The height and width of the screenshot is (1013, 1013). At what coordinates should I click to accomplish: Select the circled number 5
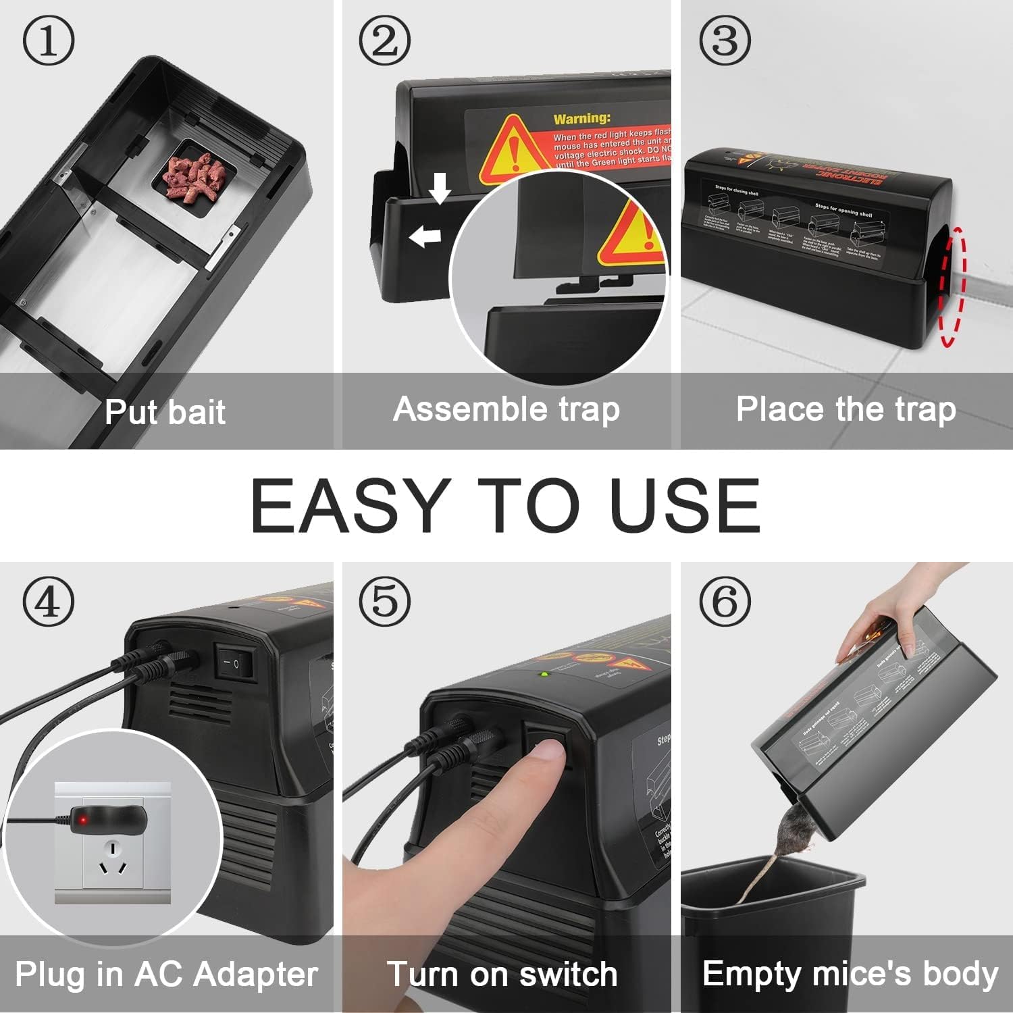(384, 600)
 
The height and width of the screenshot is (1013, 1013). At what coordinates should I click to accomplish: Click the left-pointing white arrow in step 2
(425, 236)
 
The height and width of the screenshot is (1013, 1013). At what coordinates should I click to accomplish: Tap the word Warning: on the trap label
(581, 119)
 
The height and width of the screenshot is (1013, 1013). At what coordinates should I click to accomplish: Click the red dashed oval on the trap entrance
(952, 287)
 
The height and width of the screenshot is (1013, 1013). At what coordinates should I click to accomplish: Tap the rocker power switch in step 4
(235, 661)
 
